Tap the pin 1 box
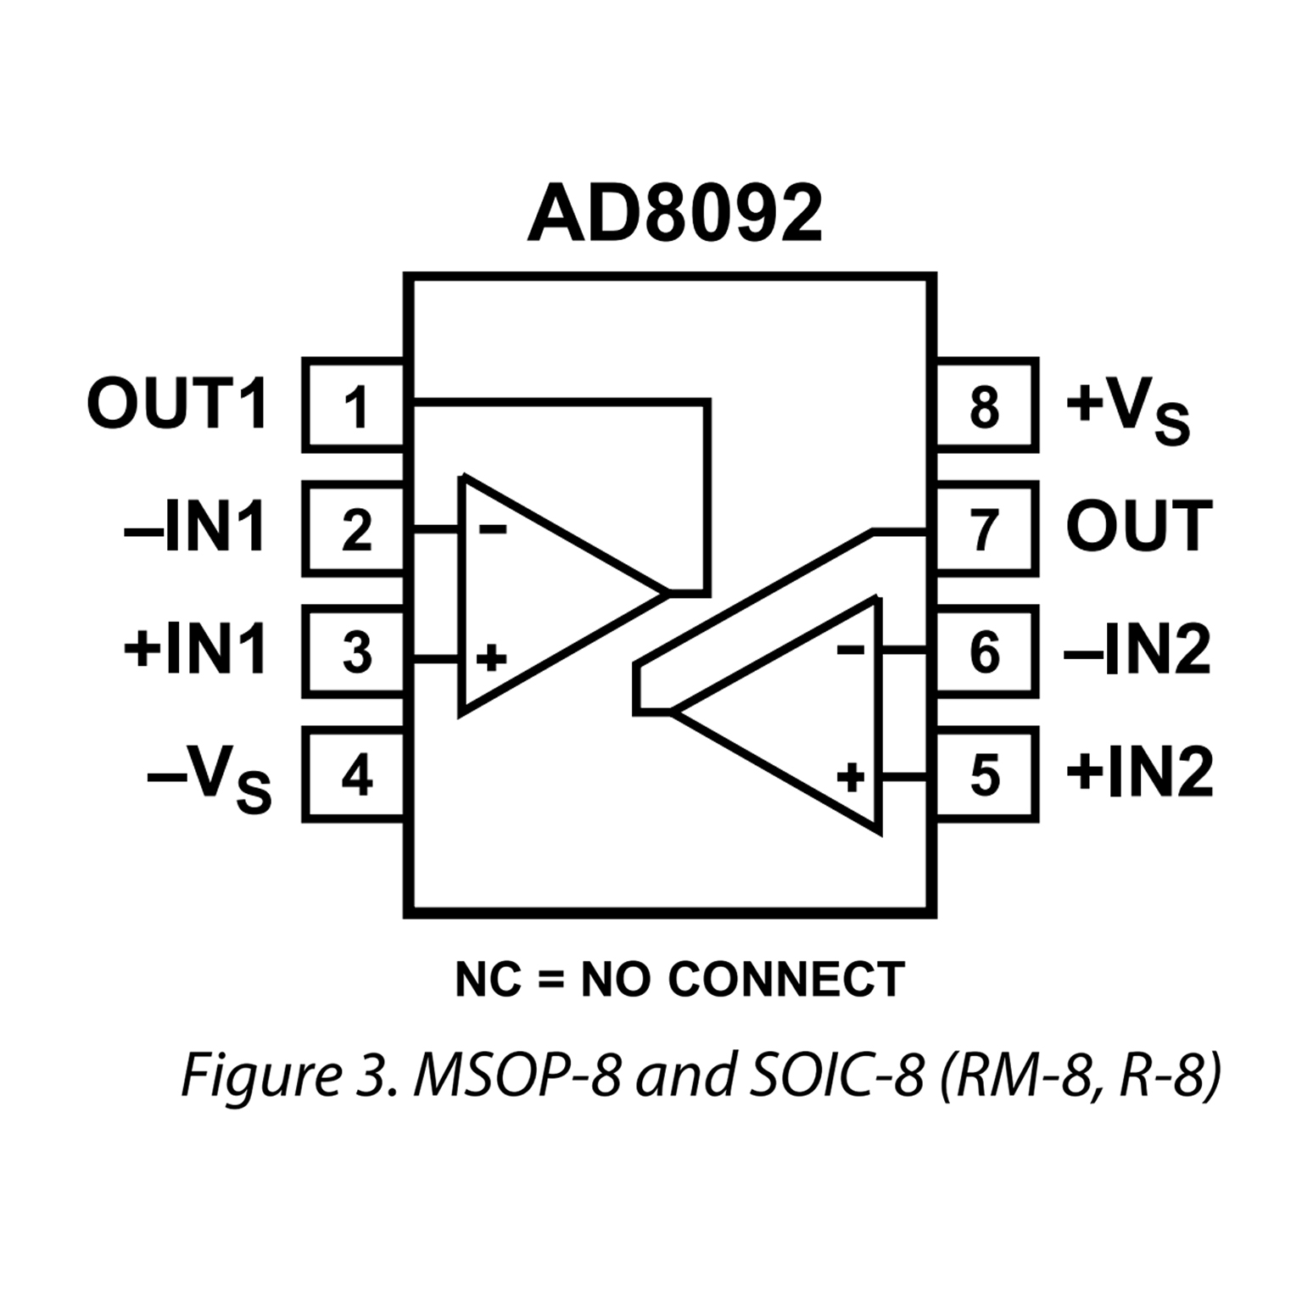355,405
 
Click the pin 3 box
355,652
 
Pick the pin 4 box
355,774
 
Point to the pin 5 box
986,774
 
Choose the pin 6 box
986,652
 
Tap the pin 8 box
986,405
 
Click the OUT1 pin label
177,405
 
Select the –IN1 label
195,528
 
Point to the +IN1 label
195,651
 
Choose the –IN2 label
1137,651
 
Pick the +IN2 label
1139,774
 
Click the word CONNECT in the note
786,981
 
